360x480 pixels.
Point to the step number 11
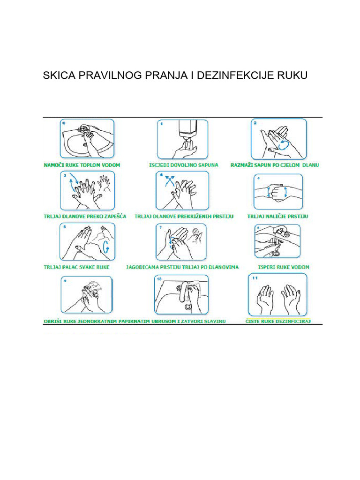[256, 278]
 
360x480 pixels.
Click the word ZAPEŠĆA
[114, 217]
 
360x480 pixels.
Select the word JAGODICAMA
[142, 267]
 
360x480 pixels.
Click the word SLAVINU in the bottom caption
[215, 321]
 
